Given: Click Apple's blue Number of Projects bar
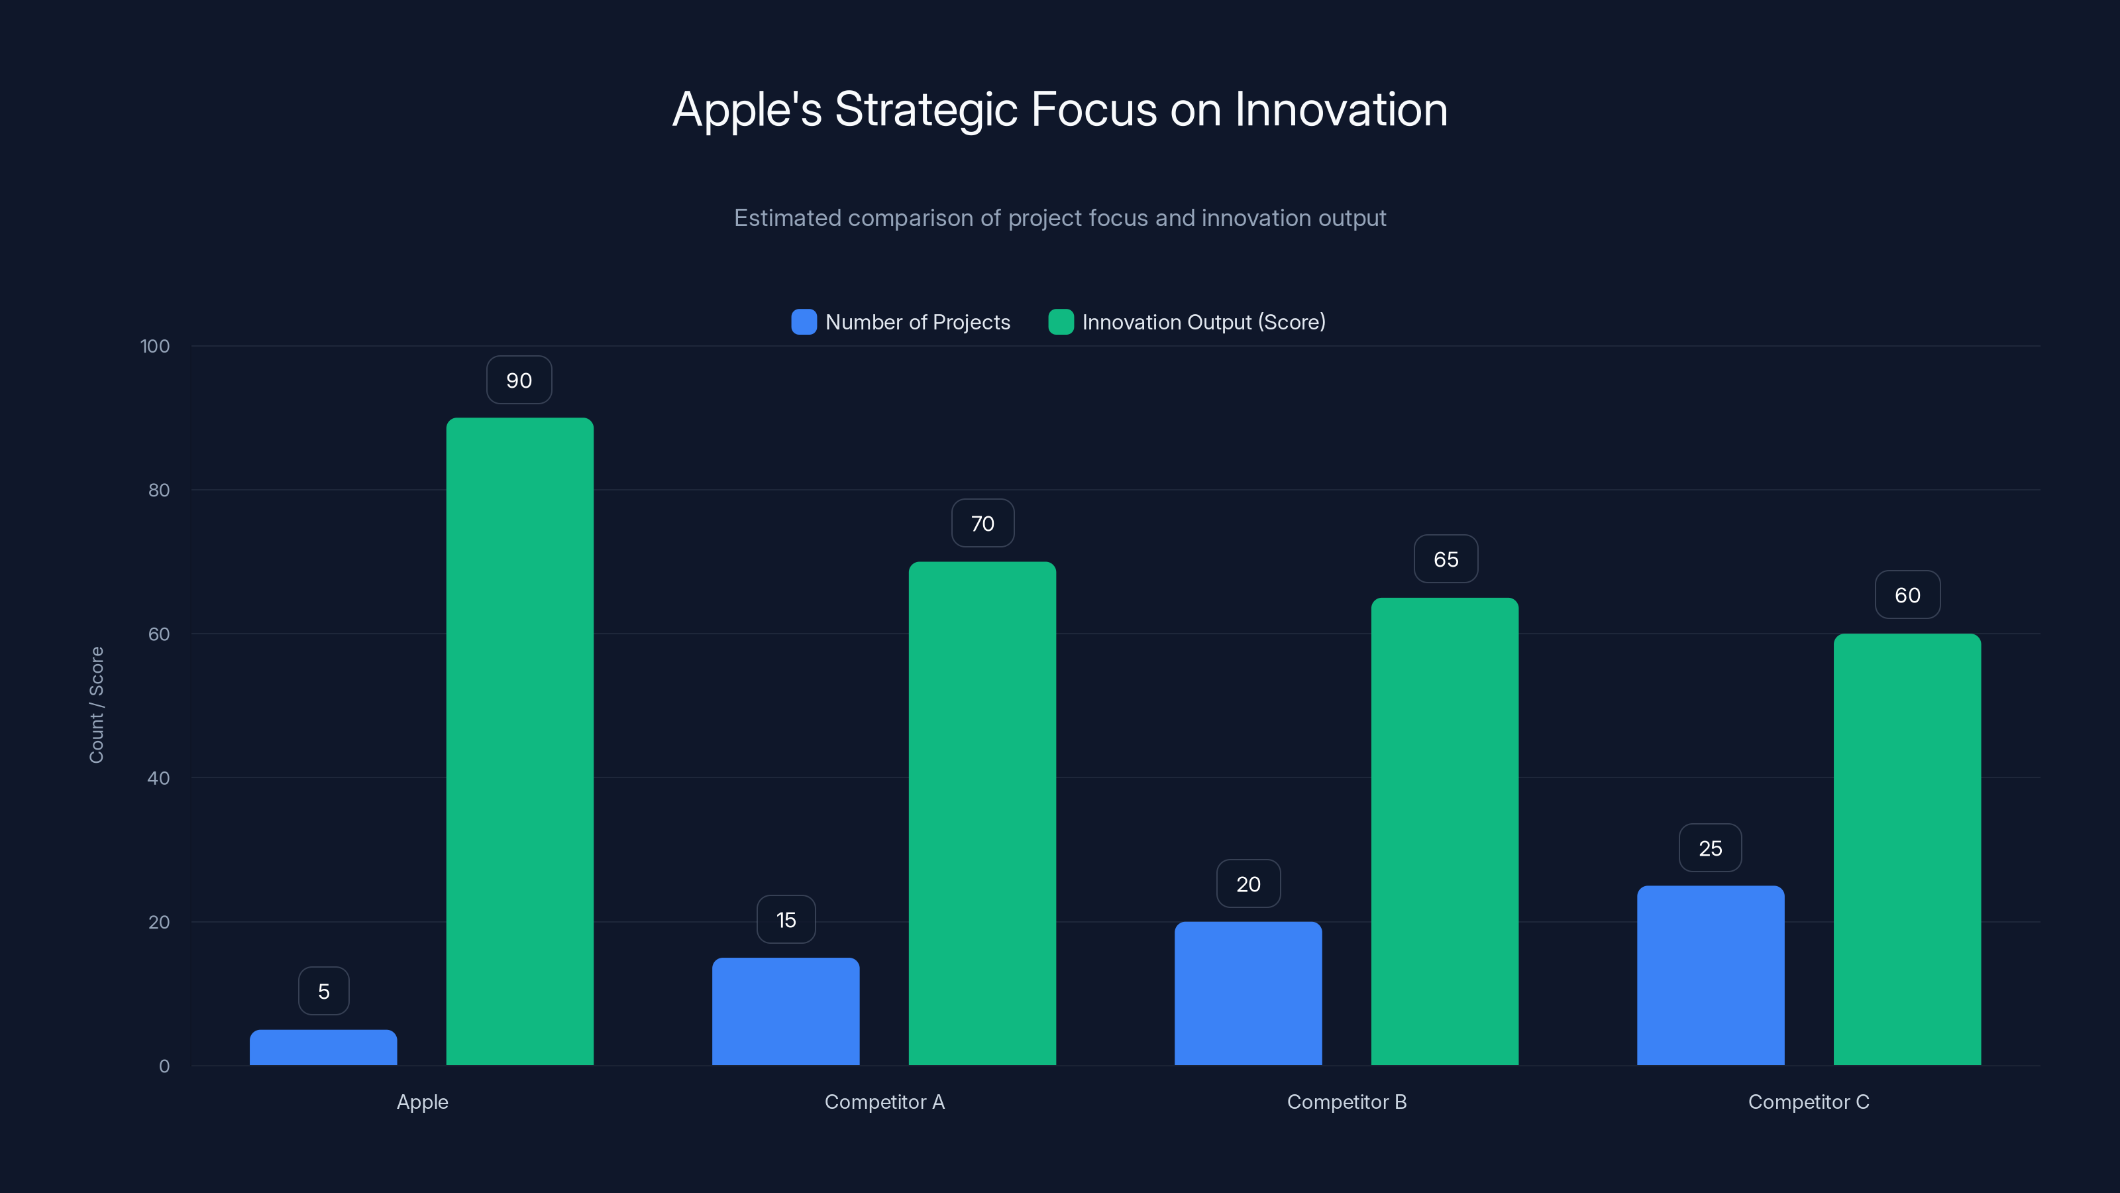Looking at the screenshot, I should pyautogui.click(x=323, y=1047).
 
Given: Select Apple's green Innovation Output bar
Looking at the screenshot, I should pyautogui.click(x=519, y=741).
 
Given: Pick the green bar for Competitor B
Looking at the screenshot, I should pyautogui.click(x=1444, y=832).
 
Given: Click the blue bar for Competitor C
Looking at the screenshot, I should pyautogui.click(x=1710, y=976).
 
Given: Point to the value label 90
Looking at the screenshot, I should pyautogui.click(x=519, y=380).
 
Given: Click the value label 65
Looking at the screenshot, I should pyautogui.click(x=1445, y=560).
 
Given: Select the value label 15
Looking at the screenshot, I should pyautogui.click(x=786, y=920).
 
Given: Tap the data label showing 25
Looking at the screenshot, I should pyautogui.click(x=1710, y=848).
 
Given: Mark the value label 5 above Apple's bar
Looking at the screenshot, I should pyautogui.click(x=323, y=992).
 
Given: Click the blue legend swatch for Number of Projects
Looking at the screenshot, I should pyautogui.click(x=803, y=322).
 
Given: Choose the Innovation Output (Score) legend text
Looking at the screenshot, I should pyautogui.click(x=1203, y=322).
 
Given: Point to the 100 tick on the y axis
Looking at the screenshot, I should pyautogui.click(x=155, y=347).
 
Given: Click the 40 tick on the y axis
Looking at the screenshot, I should pyautogui.click(x=158, y=778).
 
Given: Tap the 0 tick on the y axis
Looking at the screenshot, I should pyautogui.click(x=164, y=1066).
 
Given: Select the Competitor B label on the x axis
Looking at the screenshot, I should pyautogui.click(x=1346, y=1102).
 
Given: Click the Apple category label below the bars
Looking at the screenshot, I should pyautogui.click(x=422, y=1102).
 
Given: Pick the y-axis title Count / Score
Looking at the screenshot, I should pyautogui.click(x=96, y=705).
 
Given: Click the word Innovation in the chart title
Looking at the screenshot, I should pyautogui.click(x=1341, y=109).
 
